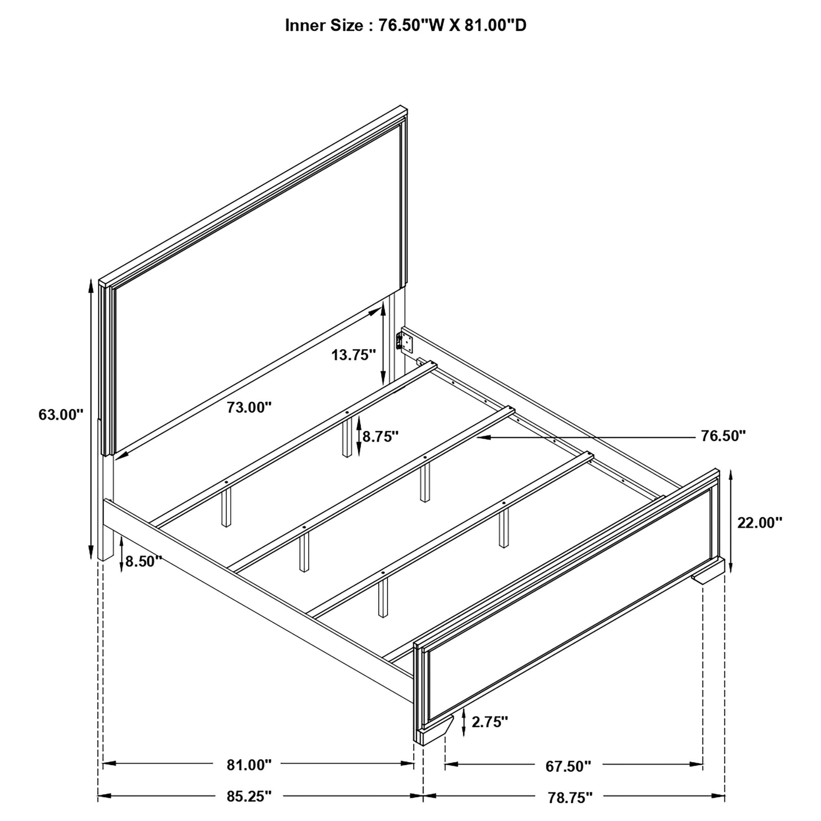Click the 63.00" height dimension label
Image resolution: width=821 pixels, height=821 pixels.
[61, 414]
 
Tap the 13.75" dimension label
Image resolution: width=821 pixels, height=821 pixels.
[354, 354]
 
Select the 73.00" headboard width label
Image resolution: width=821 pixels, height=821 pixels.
[249, 407]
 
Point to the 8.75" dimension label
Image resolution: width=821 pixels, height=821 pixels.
[380, 436]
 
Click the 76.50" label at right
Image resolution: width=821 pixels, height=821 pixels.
[723, 435]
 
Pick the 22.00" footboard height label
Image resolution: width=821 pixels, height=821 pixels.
[759, 523]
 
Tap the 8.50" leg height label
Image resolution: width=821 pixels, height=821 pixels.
[144, 561]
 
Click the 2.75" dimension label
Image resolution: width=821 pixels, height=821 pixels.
[490, 721]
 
